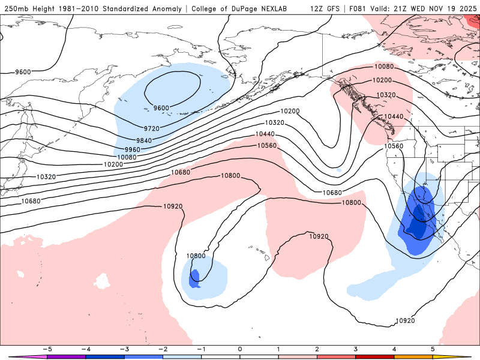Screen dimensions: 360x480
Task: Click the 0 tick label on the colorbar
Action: tap(240, 349)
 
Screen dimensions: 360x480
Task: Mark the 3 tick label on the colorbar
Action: tap(356, 349)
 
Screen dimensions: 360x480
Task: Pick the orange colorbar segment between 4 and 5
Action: tap(413, 356)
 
